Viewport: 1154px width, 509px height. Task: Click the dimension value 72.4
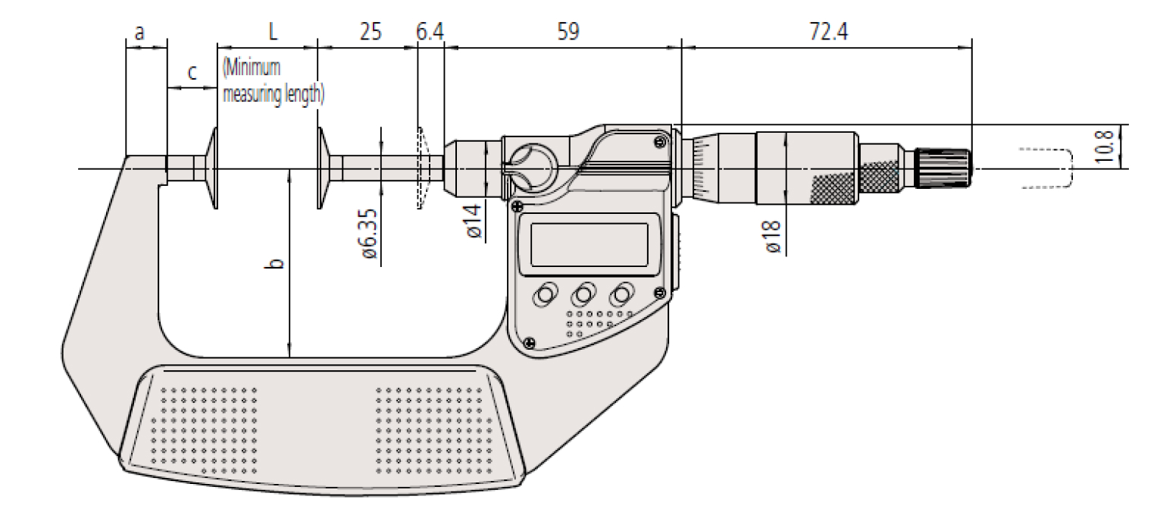point(828,31)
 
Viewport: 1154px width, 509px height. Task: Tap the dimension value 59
point(568,31)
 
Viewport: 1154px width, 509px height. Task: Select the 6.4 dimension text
point(430,31)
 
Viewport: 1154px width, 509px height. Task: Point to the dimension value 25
point(371,31)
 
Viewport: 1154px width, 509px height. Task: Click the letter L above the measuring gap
point(273,31)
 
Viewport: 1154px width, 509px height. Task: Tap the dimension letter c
point(192,72)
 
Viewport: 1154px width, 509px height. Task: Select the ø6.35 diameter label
point(369,233)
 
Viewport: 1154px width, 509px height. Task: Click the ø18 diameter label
point(773,237)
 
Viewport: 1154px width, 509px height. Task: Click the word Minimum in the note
point(252,68)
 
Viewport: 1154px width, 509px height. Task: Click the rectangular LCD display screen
point(590,245)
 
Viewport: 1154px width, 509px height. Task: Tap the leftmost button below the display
point(545,295)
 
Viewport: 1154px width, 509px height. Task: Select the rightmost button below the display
point(622,294)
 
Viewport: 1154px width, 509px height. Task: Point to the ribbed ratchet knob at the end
point(943,168)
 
